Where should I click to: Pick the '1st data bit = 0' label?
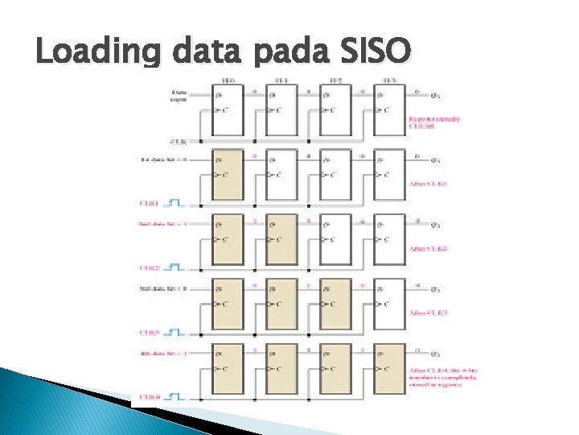pyautogui.click(x=164, y=159)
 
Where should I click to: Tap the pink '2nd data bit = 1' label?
pyautogui.click(x=163, y=224)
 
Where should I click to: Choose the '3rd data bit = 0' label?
pyautogui.click(x=163, y=288)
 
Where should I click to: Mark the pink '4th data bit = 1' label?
pyautogui.click(x=163, y=353)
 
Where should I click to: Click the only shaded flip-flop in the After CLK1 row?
pyautogui.click(x=228, y=173)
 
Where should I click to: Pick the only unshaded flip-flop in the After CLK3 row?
pyautogui.click(x=390, y=304)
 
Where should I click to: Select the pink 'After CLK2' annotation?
pyautogui.click(x=428, y=248)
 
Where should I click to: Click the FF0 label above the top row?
pyautogui.click(x=228, y=81)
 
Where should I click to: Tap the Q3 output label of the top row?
pyautogui.click(x=437, y=95)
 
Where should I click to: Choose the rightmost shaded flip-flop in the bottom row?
pyautogui.click(x=390, y=368)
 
